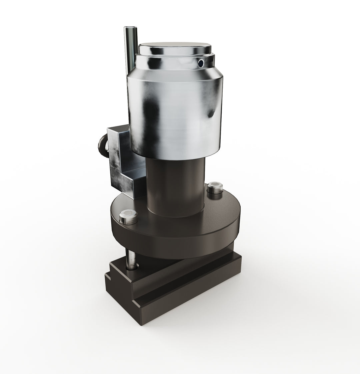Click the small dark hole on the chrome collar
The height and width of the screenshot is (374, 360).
pyautogui.click(x=201, y=63)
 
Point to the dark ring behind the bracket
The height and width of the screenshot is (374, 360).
pyautogui.click(x=101, y=146)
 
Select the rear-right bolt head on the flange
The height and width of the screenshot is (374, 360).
pyautogui.click(x=214, y=188)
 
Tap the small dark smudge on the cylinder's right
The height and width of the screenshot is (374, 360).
pyautogui.click(x=211, y=113)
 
